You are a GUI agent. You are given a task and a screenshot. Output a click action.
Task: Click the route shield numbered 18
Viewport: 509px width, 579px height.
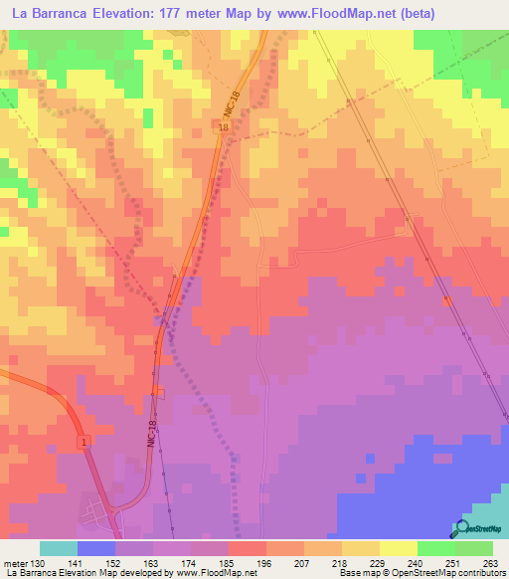pos(223,128)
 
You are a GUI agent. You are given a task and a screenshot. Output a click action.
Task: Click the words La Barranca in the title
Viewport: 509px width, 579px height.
pos(49,15)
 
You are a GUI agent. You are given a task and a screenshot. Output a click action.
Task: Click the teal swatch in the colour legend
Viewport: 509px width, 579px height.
pos(59,548)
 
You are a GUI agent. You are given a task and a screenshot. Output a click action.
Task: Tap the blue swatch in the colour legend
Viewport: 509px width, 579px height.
pos(96,548)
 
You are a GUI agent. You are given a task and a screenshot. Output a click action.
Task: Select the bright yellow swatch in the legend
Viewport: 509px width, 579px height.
pos(398,548)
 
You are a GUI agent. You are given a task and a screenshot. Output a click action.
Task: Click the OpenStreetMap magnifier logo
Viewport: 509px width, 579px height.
pos(461,528)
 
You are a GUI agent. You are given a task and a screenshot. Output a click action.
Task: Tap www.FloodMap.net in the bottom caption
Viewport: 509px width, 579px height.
pos(213,574)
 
